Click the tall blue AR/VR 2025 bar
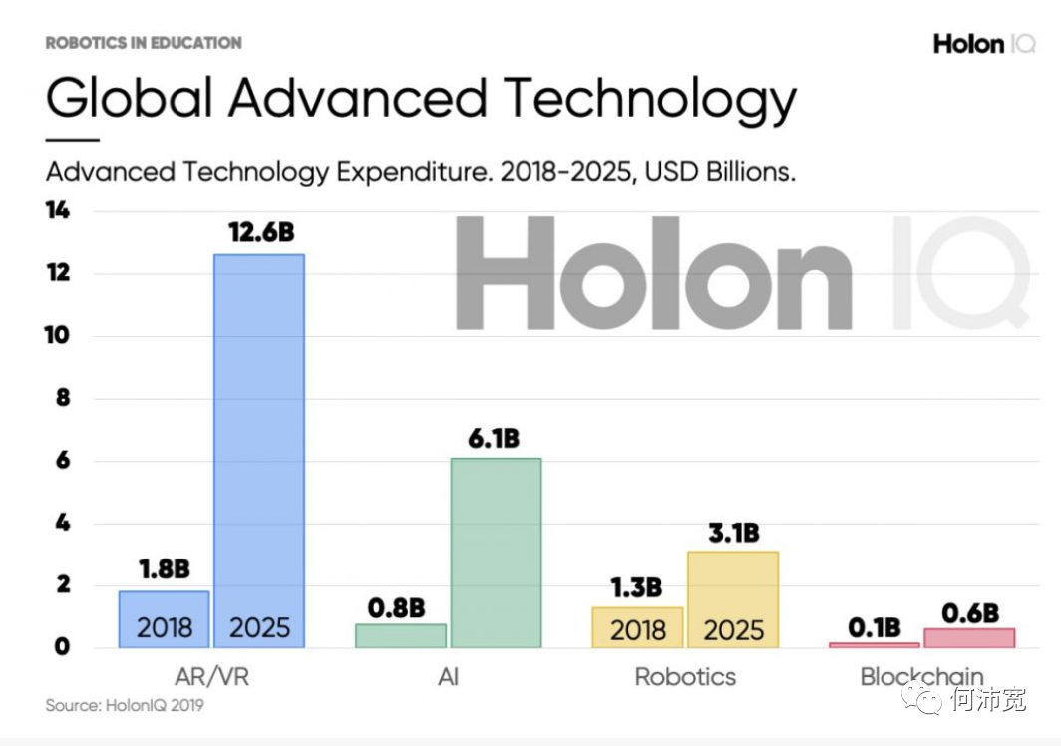point(259,449)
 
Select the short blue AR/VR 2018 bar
point(165,619)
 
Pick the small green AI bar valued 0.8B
point(401,635)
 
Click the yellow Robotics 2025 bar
point(733,598)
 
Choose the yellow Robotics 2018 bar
point(637,627)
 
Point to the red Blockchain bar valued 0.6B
point(969,637)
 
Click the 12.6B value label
point(260,233)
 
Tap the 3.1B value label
point(733,533)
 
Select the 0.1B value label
point(875,627)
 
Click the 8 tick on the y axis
point(62,398)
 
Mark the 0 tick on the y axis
point(62,647)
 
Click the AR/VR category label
point(210,677)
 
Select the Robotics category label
point(685,677)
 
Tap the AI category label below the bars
point(448,677)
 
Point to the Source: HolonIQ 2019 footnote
point(125,706)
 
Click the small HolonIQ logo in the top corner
point(983,44)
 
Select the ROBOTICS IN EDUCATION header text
point(144,43)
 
